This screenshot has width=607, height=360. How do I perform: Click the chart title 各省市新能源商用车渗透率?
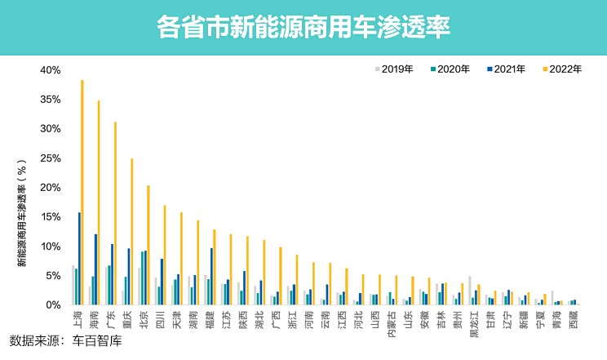point(303,26)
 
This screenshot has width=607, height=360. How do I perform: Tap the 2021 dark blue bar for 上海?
point(79,259)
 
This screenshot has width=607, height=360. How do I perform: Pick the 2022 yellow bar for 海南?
point(99,203)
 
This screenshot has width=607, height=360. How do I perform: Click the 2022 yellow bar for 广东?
point(116,214)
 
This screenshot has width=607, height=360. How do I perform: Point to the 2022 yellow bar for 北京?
point(148,245)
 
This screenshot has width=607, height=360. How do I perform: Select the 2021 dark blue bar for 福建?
point(211,277)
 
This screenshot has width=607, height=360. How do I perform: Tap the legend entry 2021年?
point(507,69)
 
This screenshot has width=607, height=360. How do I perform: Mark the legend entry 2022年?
point(562,69)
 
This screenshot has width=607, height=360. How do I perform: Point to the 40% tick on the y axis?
point(51,70)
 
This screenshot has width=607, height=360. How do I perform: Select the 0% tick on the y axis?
point(54,305)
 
